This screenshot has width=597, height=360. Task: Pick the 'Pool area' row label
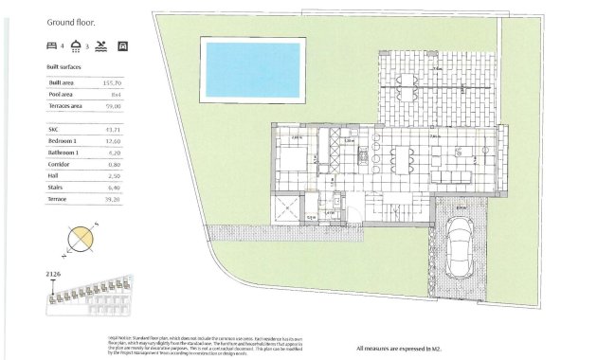[x=63, y=95]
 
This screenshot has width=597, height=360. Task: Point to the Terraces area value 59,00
[x=116, y=106]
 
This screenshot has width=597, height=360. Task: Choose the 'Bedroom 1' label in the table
[x=63, y=140]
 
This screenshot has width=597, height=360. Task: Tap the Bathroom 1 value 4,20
[x=117, y=152]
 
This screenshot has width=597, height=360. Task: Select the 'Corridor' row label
[x=59, y=164]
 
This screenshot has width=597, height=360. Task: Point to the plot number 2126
[x=54, y=275]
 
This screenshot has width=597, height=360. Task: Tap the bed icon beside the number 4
[x=51, y=45]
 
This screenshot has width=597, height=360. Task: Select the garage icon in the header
[x=122, y=45]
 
